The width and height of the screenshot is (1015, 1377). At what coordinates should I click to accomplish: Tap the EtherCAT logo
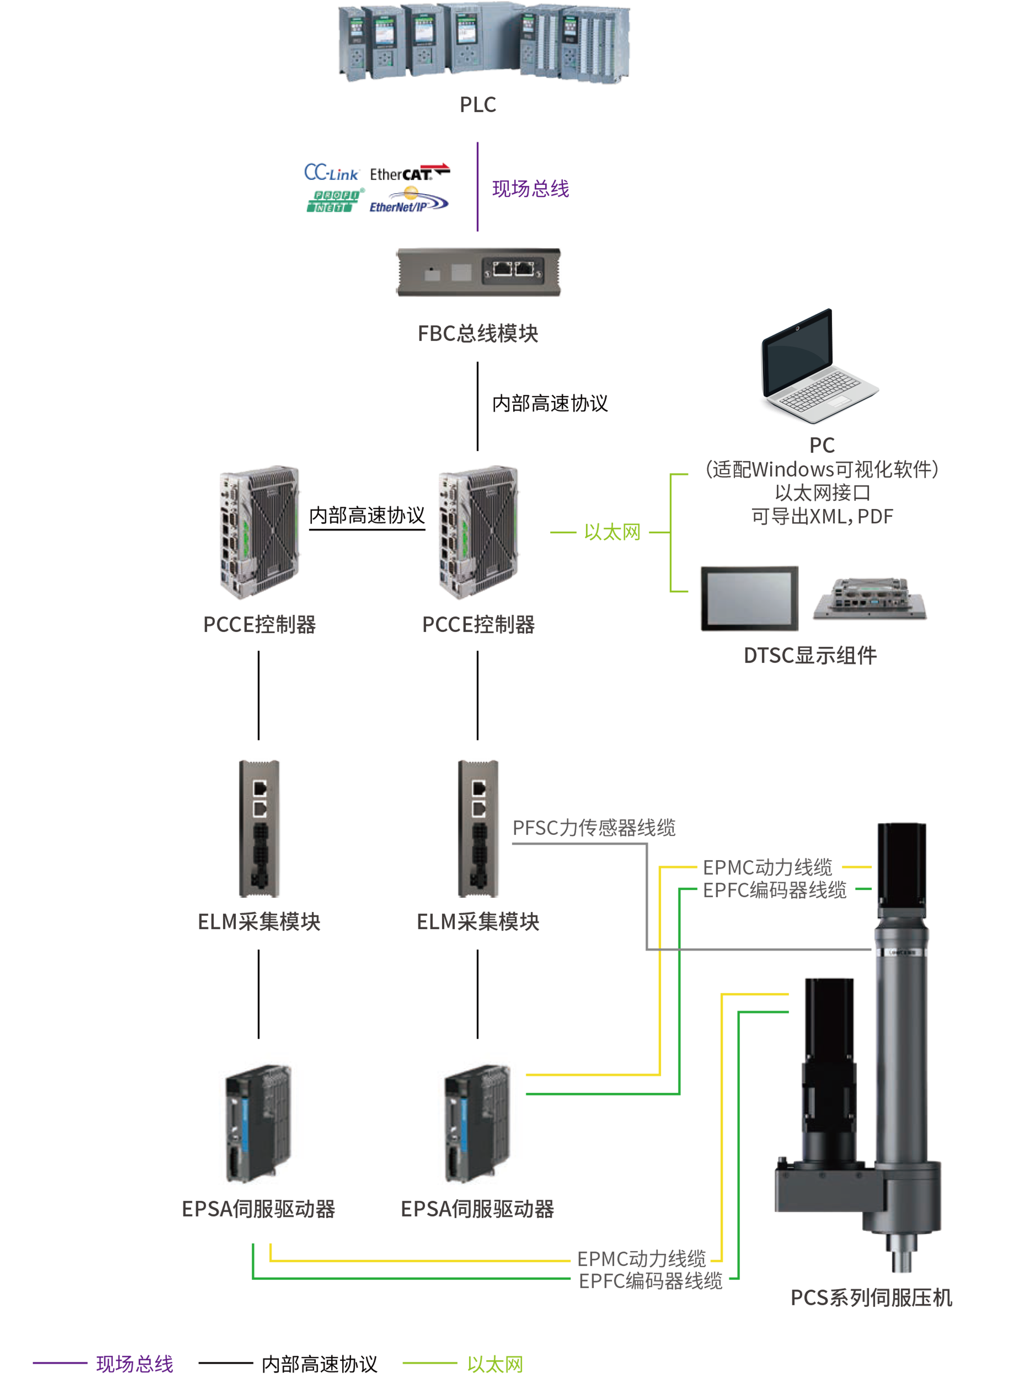(406, 174)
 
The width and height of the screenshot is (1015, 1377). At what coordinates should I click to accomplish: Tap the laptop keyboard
(820, 391)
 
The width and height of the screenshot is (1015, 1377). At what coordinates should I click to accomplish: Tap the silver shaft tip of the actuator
(901, 1260)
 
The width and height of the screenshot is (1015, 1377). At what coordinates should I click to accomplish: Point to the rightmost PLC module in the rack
(593, 43)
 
